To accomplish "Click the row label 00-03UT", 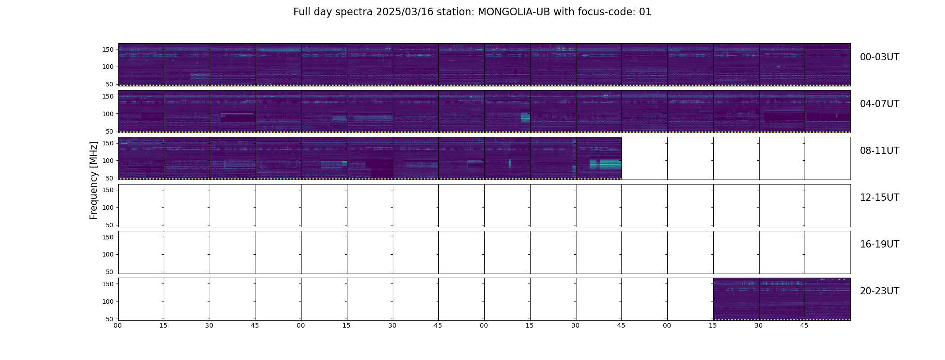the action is (879, 57).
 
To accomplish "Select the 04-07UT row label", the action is (879, 104).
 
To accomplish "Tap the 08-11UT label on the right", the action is (879, 151).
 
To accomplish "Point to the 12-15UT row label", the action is (879, 198).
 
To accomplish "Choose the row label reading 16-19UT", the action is (879, 244).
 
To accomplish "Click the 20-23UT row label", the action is (879, 291).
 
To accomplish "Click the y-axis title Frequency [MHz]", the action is (94, 180).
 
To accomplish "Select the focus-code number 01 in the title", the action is (645, 12).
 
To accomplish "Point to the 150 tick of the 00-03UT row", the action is (108, 49).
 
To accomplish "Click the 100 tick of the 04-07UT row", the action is (108, 114).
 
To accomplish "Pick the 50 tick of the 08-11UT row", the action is (110, 178).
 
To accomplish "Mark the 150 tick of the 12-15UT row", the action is (108, 190).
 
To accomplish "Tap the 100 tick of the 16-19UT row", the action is (108, 255).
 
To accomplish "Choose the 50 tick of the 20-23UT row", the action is (110, 319).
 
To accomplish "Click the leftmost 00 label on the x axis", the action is (117, 325).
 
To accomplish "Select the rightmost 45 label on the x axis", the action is (804, 325).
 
